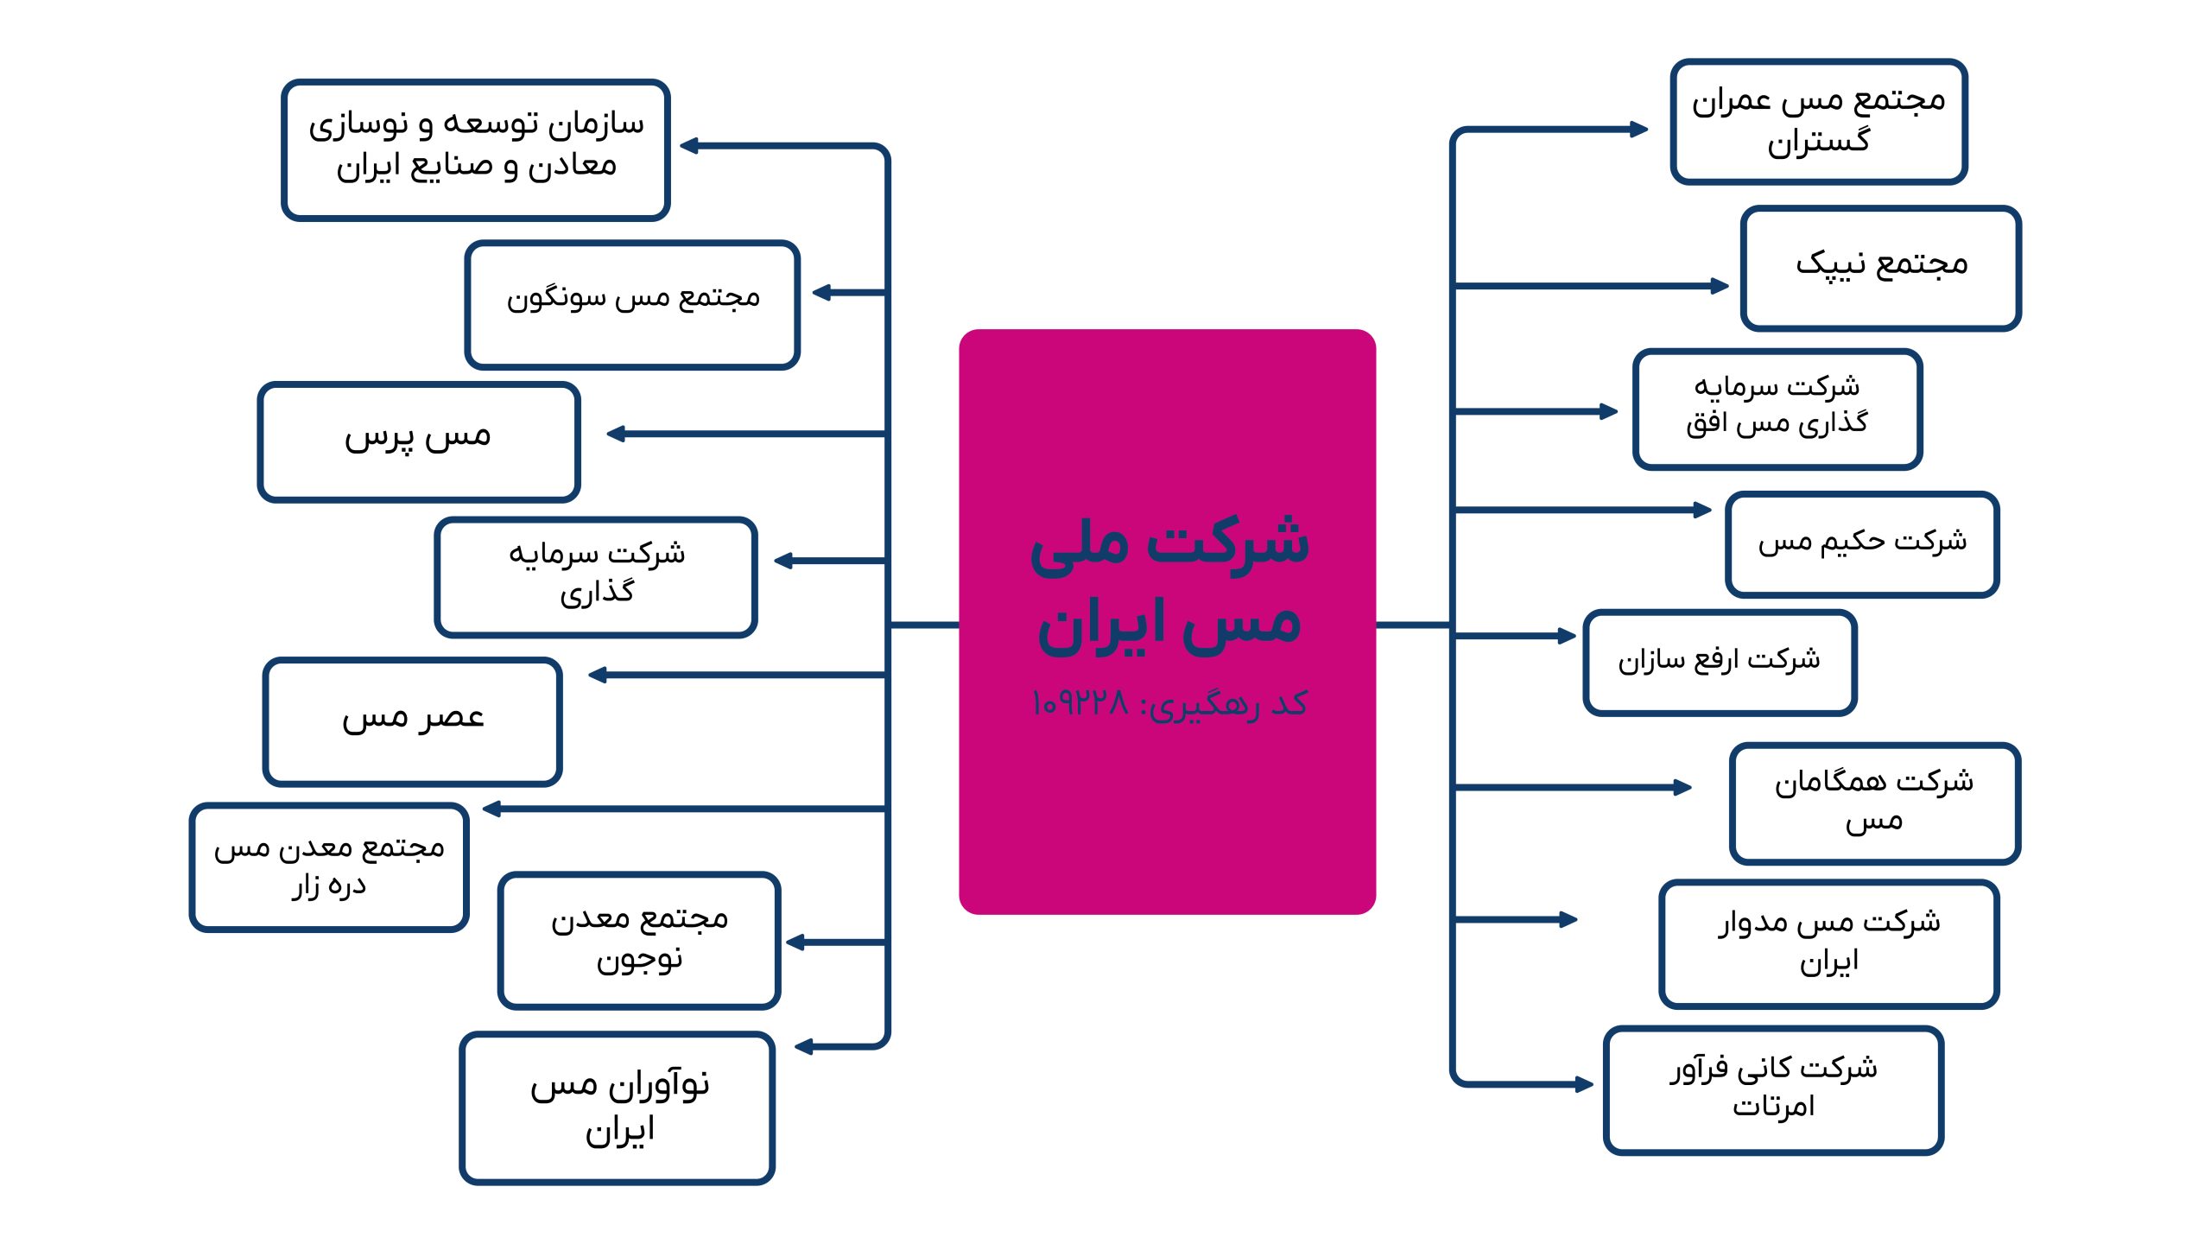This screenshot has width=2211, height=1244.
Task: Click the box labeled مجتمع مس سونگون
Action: [632, 305]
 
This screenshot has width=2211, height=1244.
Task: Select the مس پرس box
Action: [419, 441]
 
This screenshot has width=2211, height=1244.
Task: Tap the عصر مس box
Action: [413, 721]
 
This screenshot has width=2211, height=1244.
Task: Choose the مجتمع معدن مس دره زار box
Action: [329, 867]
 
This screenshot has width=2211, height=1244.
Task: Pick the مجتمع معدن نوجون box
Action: [639, 940]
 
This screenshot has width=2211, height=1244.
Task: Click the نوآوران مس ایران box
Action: [618, 1108]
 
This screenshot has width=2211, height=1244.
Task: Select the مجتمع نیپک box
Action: [1881, 268]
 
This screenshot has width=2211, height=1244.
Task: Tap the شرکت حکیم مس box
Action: [1862, 544]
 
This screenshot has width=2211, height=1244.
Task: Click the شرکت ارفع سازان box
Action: [1720, 663]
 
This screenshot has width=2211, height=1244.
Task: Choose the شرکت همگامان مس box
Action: [1875, 803]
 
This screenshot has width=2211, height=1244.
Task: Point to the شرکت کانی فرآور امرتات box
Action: [1774, 1090]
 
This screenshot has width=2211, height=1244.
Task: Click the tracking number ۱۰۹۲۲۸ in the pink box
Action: [1080, 703]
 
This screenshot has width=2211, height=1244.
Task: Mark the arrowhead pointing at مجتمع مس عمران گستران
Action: [1638, 130]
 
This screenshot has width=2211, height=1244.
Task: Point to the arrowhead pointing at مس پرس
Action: [616, 434]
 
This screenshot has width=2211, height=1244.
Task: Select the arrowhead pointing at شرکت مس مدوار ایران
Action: [1568, 920]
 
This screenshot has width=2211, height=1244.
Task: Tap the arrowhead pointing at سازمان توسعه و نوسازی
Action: [689, 146]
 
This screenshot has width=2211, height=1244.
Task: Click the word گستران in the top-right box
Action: [1818, 141]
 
